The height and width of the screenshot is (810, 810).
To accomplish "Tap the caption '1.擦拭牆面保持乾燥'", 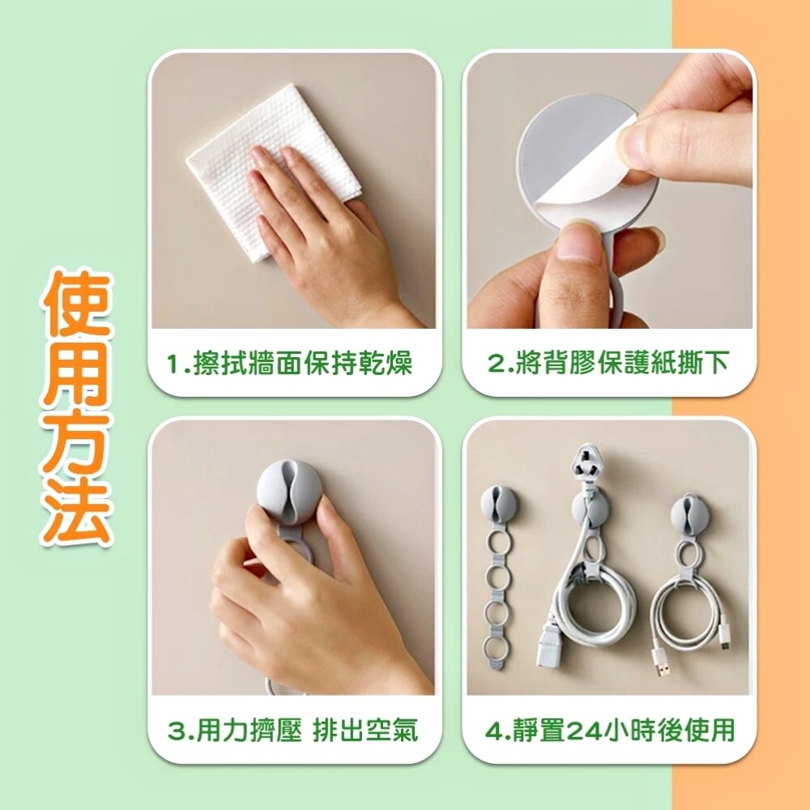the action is click(x=290, y=363).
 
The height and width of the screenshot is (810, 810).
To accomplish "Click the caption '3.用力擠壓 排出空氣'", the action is click(x=292, y=730).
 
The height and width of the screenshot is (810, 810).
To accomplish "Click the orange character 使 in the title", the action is click(x=76, y=304).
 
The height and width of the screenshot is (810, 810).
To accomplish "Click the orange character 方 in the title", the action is click(x=76, y=443).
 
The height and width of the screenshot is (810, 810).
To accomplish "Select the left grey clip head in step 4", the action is click(x=498, y=503).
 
